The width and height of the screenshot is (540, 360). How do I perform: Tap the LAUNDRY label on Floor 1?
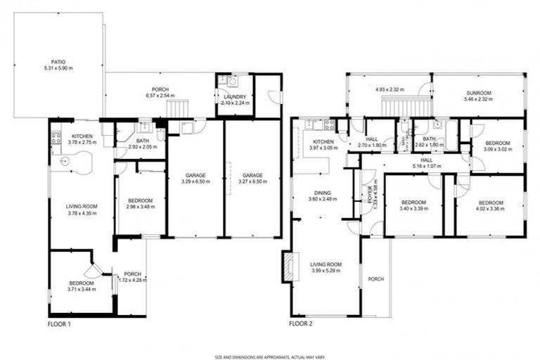point(231,96)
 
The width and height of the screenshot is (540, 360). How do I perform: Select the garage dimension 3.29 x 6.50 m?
point(195,181)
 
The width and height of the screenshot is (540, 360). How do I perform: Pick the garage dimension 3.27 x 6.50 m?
point(252,181)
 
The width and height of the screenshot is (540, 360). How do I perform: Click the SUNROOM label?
point(478,93)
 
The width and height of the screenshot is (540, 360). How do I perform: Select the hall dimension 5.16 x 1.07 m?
point(427,167)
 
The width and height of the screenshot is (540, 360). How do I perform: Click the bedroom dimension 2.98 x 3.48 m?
point(141,206)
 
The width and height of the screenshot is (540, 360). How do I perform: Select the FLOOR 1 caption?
point(59,324)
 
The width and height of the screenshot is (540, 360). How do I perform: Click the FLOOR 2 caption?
point(301,324)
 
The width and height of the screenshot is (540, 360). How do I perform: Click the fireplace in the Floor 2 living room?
point(286,267)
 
